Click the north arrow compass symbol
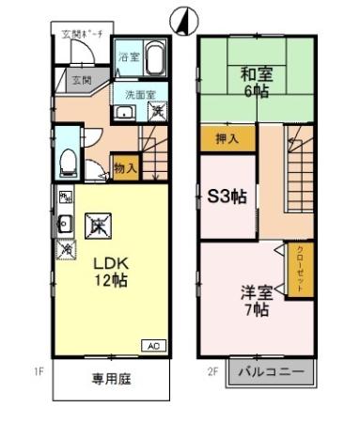pyautogui.click(x=180, y=20)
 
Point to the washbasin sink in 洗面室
pyautogui.click(x=122, y=114)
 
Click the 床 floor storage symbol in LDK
pyautogui.click(x=97, y=225)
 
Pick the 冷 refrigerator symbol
pyautogui.click(x=66, y=249)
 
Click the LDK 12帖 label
pyautogui.click(x=109, y=270)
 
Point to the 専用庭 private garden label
pyautogui.click(x=110, y=380)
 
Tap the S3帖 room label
pyautogui.click(x=226, y=197)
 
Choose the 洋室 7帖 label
pyautogui.click(x=255, y=299)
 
